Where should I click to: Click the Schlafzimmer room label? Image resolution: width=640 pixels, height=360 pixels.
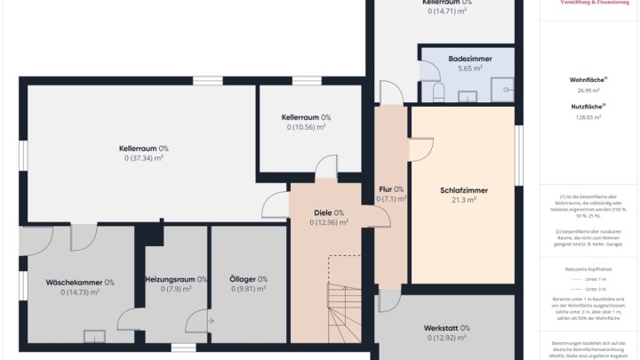click(463, 190)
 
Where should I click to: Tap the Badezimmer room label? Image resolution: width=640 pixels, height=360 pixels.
click(465, 58)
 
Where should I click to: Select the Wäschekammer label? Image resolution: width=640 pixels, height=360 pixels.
click(80, 282)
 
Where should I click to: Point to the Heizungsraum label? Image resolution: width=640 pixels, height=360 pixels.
click(176, 279)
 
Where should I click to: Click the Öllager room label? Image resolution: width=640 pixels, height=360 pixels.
click(248, 279)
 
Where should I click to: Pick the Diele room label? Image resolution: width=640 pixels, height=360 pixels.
click(329, 212)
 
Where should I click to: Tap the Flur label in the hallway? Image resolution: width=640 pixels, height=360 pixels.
click(391, 189)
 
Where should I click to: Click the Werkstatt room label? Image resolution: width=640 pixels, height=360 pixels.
click(447, 328)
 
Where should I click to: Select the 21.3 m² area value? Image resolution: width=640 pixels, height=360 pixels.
click(463, 201)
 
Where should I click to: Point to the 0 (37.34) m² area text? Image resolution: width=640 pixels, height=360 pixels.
click(144, 158)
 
